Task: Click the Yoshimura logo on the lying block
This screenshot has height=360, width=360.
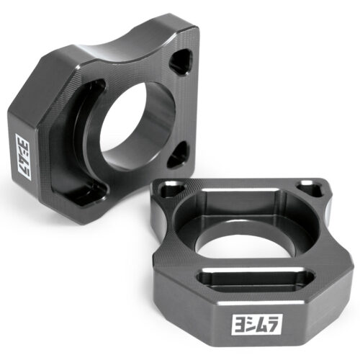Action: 257,324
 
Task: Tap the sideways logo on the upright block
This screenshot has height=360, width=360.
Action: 23,157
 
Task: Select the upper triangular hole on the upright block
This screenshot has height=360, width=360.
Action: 181,62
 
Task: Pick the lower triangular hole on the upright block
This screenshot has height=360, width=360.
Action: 178,155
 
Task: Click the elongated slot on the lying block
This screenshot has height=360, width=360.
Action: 256,279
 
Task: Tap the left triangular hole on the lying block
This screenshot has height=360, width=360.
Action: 173,189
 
